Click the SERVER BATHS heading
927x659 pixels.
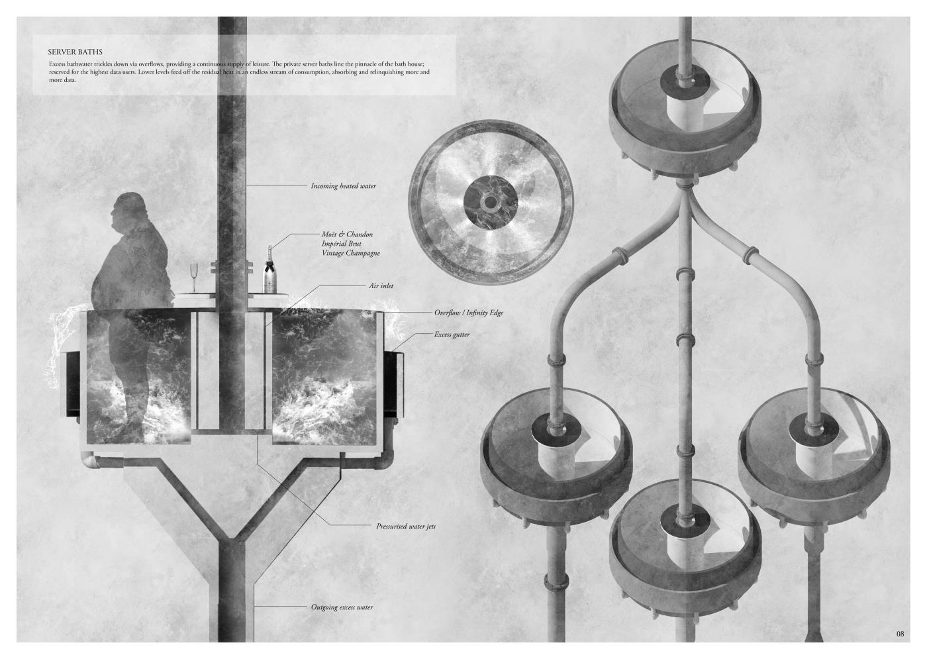pyautogui.click(x=75, y=52)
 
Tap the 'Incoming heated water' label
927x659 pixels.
pyautogui.click(x=344, y=186)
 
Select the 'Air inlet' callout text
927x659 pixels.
pyautogui.click(x=381, y=285)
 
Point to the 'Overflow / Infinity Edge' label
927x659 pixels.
pyautogui.click(x=469, y=313)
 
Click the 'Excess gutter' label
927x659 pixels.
pyautogui.click(x=452, y=334)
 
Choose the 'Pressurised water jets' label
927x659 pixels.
pyautogui.click(x=405, y=527)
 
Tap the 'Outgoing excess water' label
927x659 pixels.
pyautogui.click(x=342, y=607)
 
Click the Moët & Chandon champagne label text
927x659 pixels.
pyautogui.click(x=350, y=244)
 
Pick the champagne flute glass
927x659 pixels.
pyautogui.click(x=193, y=278)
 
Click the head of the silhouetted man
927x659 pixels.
pyautogui.click(x=124, y=208)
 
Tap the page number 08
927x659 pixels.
pyautogui.click(x=900, y=633)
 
